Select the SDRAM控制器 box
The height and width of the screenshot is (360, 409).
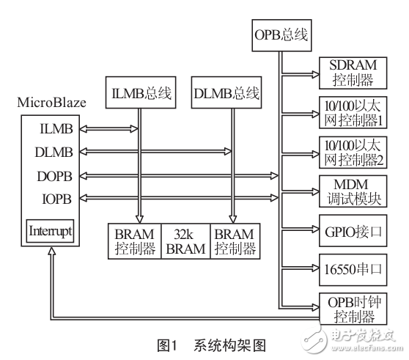tap(349, 73)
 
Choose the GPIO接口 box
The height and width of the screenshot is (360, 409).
tap(349, 231)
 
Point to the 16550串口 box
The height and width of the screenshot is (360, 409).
tap(349, 268)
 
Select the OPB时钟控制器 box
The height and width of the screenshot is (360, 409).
tap(349, 309)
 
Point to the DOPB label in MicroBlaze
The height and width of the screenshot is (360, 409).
tap(49, 176)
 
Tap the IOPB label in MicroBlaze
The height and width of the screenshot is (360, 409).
tap(49, 198)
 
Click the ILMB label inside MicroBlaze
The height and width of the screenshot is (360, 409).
tap(49, 129)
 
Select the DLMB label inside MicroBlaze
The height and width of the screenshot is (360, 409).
tap(49, 152)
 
